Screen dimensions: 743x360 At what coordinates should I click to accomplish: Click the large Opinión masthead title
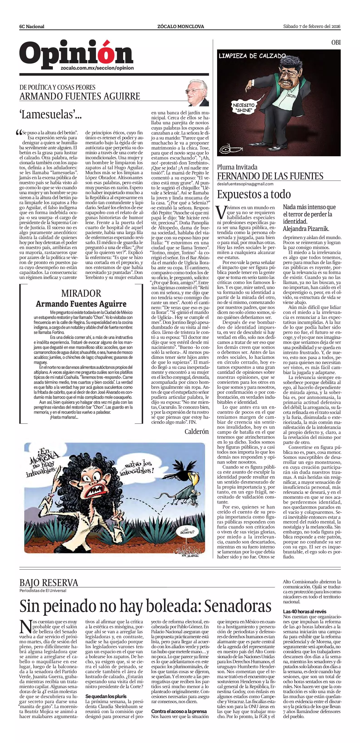(x=76, y=53)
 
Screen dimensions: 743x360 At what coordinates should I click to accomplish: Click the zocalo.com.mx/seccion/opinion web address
(x=97, y=68)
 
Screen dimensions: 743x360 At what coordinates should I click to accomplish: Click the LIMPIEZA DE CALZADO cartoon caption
(x=252, y=56)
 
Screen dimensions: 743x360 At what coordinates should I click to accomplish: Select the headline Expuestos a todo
(x=254, y=194)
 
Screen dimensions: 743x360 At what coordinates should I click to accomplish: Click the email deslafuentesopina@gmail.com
(x=245, y=184)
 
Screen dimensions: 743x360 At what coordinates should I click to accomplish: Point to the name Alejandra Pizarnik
(x=306, y=229)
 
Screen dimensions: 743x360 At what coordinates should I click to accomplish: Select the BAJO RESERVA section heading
(x=49, y=583)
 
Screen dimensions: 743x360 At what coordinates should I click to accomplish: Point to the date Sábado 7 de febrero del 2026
(x=311, y=26)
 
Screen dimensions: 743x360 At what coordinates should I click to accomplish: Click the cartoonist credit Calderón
(x=196, y=432)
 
